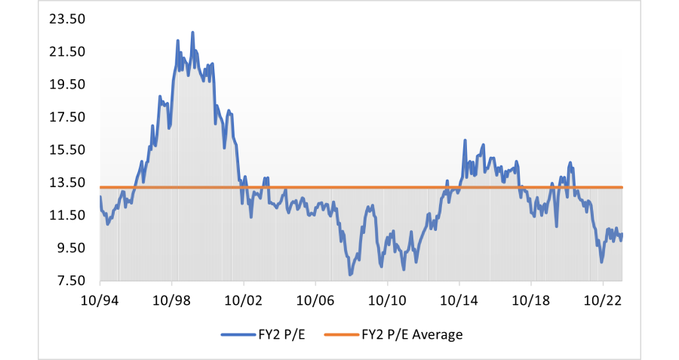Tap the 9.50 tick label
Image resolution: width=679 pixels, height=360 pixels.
(70, 248)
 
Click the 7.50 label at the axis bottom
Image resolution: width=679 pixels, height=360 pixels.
(70, 281)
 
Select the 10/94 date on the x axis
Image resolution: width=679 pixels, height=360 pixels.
(100, 300)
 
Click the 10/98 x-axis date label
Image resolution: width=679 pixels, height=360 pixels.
(171, 300)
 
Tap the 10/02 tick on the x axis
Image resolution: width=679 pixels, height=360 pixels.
(244, 300)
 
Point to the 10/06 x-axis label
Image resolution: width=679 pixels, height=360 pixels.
(315, 300)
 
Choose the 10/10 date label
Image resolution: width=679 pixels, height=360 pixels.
(387, 300)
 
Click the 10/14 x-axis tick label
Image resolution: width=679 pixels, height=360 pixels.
(459, 300)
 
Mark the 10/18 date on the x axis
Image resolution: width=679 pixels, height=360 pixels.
(530, 300)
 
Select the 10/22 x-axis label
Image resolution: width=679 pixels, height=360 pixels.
(603, 300)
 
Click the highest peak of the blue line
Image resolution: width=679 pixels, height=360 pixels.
(192, 32)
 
